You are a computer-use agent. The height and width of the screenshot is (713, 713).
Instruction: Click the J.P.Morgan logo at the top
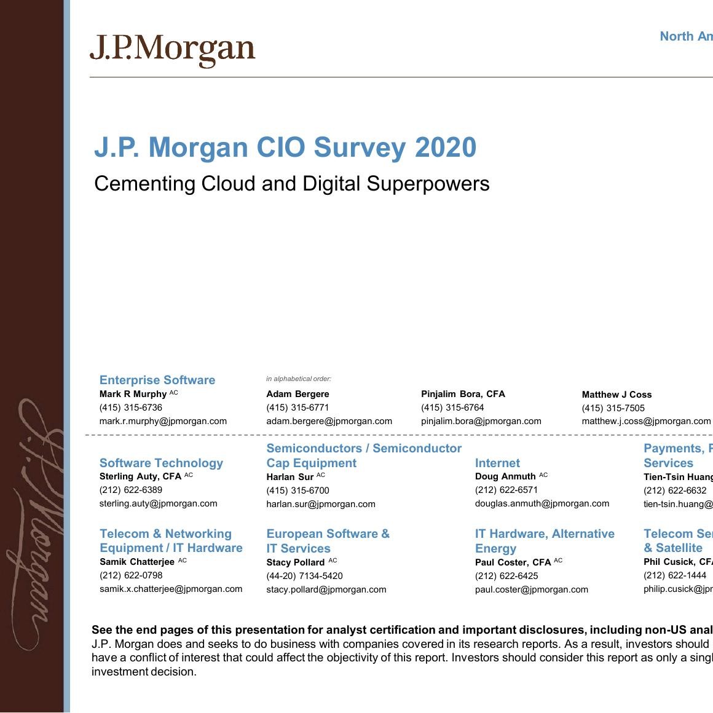(x=172, y=50)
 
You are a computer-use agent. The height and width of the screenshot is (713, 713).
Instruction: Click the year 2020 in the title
(x=446, y=148)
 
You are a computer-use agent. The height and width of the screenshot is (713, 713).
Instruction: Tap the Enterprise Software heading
(x=157, y=380)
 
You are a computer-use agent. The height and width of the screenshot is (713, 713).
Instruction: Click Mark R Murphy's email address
(x=163, y=421)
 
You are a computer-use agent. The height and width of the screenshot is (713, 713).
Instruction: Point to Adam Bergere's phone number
(x=297, y=408)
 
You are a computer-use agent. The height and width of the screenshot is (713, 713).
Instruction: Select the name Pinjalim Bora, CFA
(x=463, y=394)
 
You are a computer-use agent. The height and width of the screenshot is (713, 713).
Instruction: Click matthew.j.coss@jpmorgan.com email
(x=646, y=421)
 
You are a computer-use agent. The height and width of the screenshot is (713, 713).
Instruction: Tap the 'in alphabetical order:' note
(x=299, y=379)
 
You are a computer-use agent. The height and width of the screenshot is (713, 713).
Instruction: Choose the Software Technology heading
(x=161, y=463)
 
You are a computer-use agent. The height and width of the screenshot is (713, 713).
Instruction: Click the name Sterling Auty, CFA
(x=140, y=476)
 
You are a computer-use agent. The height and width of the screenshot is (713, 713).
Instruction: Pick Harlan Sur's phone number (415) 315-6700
(x=297, y=490)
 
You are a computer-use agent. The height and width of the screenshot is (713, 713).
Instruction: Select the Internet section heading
(x=497, y=463)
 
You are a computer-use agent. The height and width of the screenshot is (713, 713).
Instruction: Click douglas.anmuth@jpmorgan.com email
(x=542, y=503)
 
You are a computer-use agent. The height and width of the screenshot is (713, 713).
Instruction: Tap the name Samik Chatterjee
(x=136, y=562)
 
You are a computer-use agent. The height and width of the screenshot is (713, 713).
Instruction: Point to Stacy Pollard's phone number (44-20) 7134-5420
(x=304, y=576)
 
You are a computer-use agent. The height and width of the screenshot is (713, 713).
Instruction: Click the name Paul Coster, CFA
(x=513, y=562)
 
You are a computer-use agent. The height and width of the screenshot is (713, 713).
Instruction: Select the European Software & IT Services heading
(x=328, y=541)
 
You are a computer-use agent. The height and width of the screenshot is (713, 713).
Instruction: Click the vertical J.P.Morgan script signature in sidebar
(x=34, y=522)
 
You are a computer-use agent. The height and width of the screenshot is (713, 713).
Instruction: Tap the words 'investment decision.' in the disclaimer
(x=144, y=671)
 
